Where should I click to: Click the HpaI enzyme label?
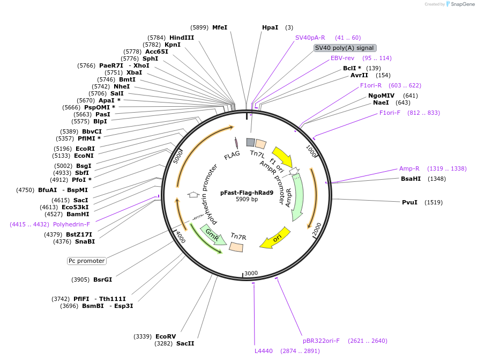click(x=270, y=27)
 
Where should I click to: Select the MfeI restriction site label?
click(x=220, y=27)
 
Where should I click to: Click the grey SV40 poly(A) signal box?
click(x=345, y=48)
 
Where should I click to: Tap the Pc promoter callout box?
click(x=87, y=261)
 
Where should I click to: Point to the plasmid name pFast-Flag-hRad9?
click(x=247, y=193)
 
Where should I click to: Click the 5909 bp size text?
click(x=247, y=200)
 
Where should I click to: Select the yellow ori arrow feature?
click(x=275, y=239)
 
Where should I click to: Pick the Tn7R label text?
click(x=238, y=237)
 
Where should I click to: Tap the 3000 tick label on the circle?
click(x=251, y=273)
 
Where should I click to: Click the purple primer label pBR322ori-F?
click(x=321, y=341)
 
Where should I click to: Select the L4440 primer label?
click(x=264, y=351)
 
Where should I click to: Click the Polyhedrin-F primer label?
click(x=71, y=224)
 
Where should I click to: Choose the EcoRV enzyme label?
click(x=166, y=336)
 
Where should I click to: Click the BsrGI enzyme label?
click(x=102, y=280)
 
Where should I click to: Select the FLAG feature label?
click(x=232, y=155)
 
